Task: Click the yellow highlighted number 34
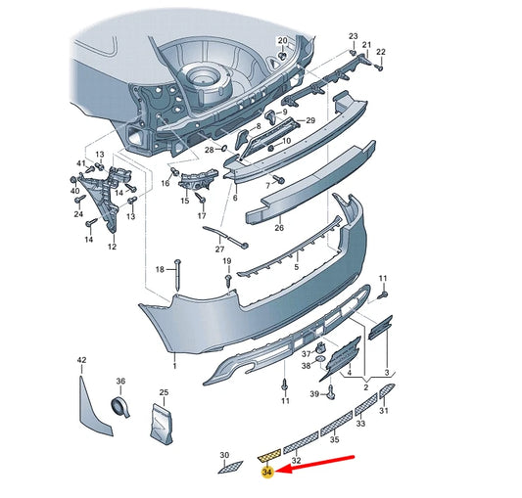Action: [x=267, y=472]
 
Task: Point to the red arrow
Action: [x=315, y=463]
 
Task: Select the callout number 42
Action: [x=81, y=360]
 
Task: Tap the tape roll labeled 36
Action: [x=120, y=407]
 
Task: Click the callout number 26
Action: [x=279, y=228]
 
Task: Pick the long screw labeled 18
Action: [x=178, y=275]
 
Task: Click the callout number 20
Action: [x=282, y=40]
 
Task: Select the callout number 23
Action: [x=354, y=36]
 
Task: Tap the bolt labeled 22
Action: [x=379, y=68]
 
